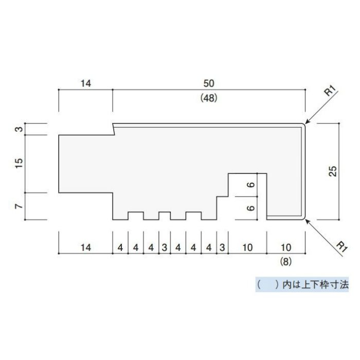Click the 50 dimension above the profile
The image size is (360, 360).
[x=209, y=83]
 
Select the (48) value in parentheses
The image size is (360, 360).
[x=209, y=98]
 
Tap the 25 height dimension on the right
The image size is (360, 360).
[x=333, y=171]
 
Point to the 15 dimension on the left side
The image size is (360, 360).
[x=20, y=163]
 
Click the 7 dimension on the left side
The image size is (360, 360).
[x=20, y=206]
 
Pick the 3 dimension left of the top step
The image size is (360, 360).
[x=20, y=129]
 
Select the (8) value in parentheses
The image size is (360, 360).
[x=286, y=261]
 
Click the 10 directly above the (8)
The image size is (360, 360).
[x=286, y=247]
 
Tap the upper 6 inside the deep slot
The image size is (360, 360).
[x=251, y=185]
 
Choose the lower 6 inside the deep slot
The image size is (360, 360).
[x=251, y=208]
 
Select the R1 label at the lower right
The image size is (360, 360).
[x=342, y=247]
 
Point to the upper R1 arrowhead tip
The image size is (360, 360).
[x=305, y=123]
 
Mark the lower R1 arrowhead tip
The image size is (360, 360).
[x=305, y=220]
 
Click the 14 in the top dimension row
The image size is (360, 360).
[x=86, y=83]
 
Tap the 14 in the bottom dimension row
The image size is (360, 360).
[x=86, y=247]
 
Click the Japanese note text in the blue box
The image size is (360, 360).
[x=302, y=285]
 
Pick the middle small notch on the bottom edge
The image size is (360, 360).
[x=165, y=216]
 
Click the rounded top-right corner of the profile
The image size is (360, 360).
[x=303, y=125]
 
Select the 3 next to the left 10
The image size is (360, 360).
[x=222, y=247]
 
